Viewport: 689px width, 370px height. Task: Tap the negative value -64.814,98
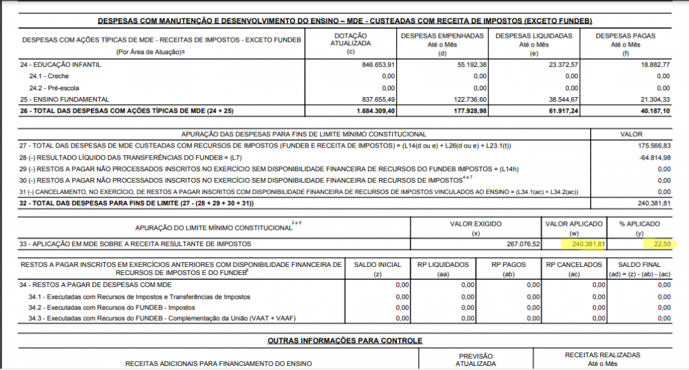(653, 156)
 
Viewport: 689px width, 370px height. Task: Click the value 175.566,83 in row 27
(653, 146)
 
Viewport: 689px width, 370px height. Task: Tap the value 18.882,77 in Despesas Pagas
(653, 65)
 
